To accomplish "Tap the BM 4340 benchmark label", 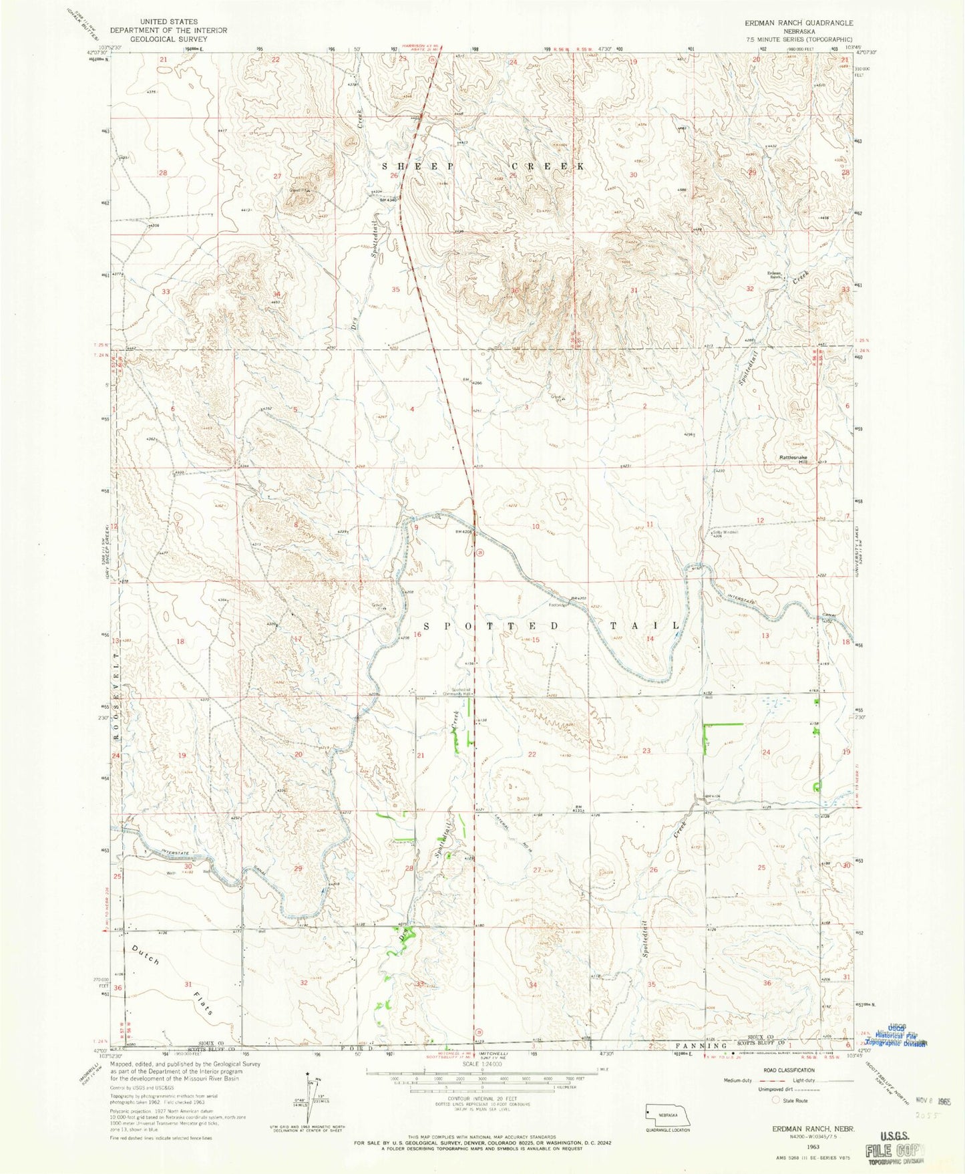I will (389, 198).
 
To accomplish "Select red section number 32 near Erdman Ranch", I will (750, 289).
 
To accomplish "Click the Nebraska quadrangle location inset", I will (660, 1115).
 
